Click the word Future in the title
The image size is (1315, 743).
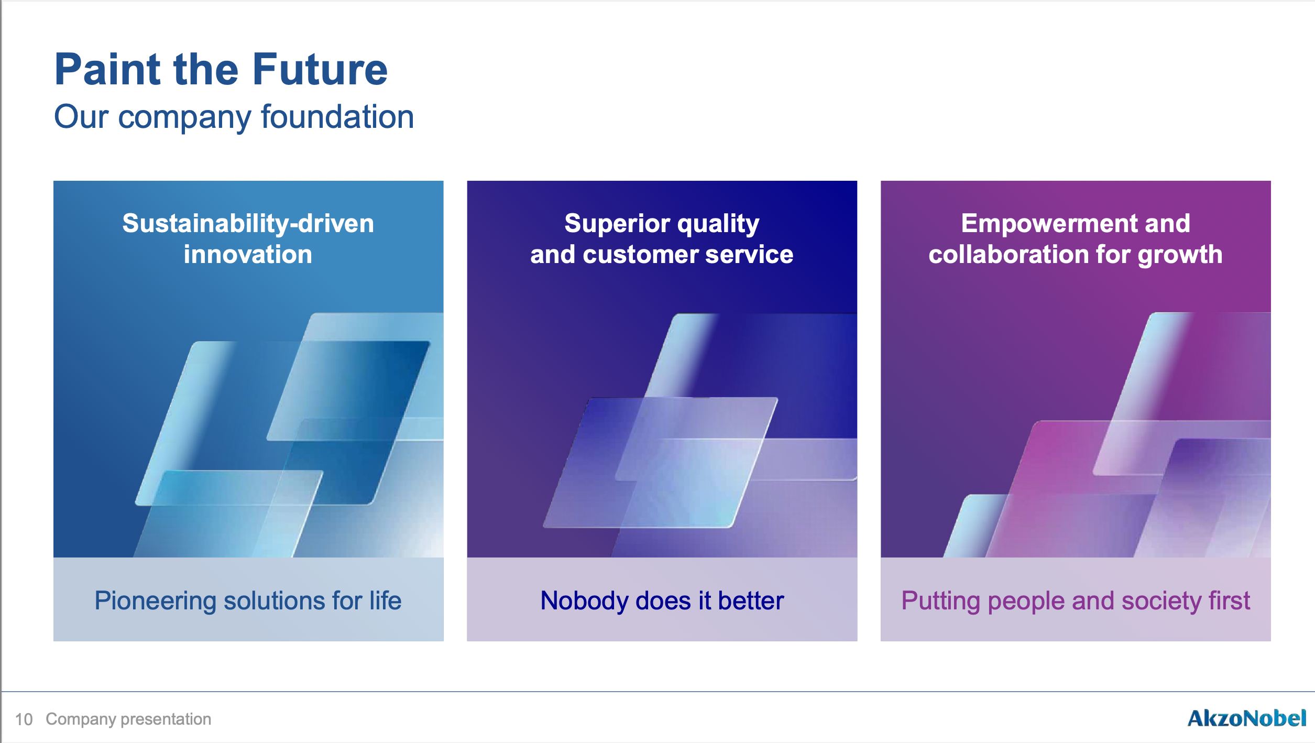coord(320,69)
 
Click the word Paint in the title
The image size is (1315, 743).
coord(107,69)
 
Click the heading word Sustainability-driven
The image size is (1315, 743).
coord(248,223)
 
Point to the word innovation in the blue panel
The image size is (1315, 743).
coord(248,254)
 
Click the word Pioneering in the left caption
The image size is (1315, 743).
coord(155,602)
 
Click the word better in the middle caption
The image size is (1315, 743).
coord(751,600)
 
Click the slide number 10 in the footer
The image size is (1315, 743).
coord(24,719)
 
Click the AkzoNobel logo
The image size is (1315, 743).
coord(1247,718)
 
